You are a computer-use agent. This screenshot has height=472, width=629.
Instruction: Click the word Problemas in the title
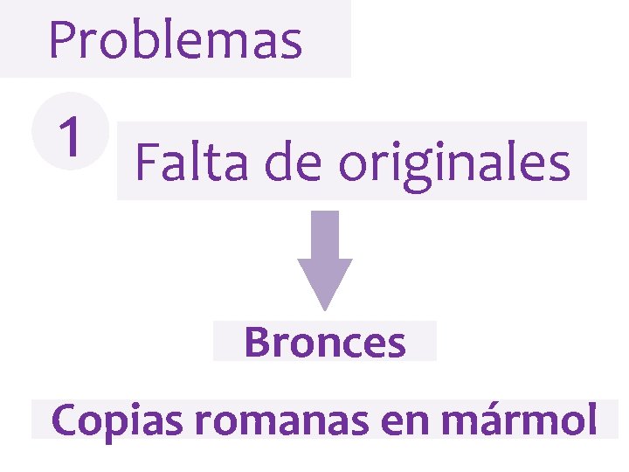click(x=175, y=40)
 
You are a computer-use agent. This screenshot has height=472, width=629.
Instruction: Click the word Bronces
click(x=325, y=343)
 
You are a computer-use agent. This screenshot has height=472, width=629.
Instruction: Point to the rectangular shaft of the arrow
click(x=325, y=234)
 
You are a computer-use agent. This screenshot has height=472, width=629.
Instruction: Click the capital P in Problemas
click(x=63, y=40)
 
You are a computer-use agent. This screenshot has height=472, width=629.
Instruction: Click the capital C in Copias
click(x=67, y=420)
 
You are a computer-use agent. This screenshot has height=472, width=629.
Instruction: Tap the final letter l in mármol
click(x=591, y=420)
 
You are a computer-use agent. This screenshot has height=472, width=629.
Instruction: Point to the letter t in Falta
click(x=212, y=162)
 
